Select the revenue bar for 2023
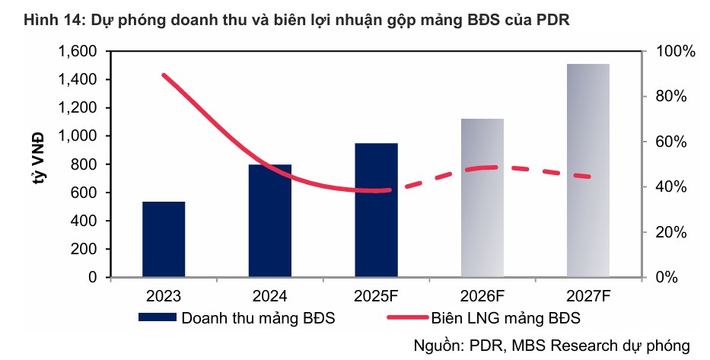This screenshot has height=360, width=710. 164,239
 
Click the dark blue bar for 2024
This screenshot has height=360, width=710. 270,221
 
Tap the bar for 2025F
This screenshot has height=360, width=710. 376,210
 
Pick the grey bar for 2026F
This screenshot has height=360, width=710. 482,198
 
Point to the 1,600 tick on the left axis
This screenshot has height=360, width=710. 76,52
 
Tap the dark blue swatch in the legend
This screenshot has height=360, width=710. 157,317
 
